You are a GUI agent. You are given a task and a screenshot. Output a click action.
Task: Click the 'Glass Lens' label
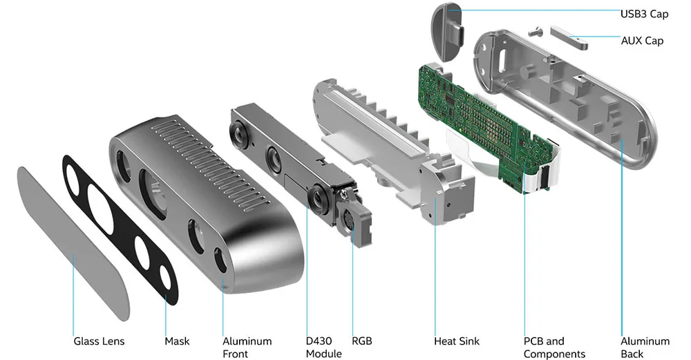(100, 341)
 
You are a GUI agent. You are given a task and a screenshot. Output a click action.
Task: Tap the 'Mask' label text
(177, 341)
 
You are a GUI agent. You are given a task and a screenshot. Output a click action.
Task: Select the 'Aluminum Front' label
(247, 347)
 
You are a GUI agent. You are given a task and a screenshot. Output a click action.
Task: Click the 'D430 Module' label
(324, 347)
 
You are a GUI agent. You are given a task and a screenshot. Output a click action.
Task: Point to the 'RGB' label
(361, 341)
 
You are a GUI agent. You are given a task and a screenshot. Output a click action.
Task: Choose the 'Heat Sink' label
(456, 341)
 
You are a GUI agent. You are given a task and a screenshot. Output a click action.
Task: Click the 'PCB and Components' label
(554, 347)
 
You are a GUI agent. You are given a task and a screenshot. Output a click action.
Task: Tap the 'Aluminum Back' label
(645, 347)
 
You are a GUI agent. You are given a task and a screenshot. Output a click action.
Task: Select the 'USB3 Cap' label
(644, 13)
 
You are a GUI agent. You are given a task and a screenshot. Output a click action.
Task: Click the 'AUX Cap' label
(642, 41)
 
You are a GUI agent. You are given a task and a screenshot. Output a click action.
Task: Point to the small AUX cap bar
(569, 36)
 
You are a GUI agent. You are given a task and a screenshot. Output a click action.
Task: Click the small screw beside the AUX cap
(534, 30)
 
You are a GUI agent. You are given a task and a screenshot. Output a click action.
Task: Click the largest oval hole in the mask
(105, 204)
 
